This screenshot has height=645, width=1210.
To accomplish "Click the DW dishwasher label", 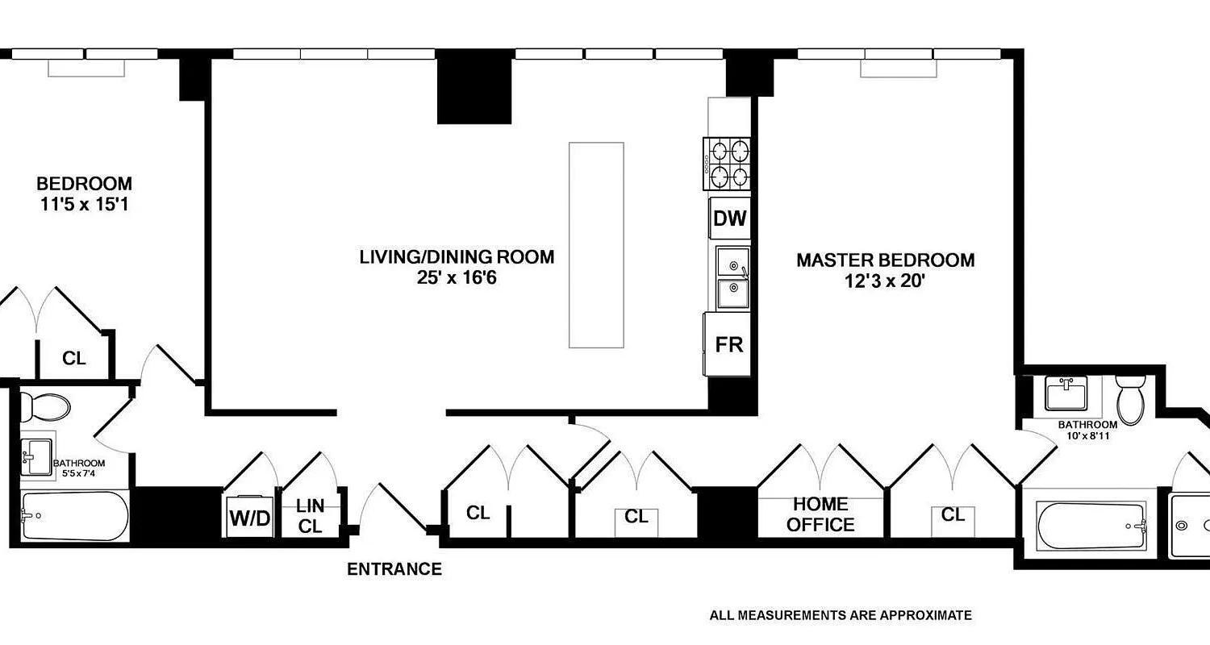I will (x=729, y=218).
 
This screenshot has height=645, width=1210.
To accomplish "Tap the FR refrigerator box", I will (x=728, y=344).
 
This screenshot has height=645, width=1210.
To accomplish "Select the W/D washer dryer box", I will (x=250, y=517).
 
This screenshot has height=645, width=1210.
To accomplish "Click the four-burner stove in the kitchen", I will (x=728, y=164).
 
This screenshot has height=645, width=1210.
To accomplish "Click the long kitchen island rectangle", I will (x=596, y=244).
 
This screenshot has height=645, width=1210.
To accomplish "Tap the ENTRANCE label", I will (x=394, y=569).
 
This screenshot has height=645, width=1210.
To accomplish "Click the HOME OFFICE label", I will (x=820, y=514).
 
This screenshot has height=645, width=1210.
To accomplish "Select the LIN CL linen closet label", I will (x=310, y=516).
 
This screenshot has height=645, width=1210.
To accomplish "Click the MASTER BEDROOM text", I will (x=885, y=260).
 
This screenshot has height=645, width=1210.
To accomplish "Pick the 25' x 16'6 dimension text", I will (x=457, y=278).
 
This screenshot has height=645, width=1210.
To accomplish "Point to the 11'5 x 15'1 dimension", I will (x=85, y=205).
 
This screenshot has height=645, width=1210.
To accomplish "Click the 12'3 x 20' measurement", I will (x=885, y=281).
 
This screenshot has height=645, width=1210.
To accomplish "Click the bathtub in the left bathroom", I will (x=74, y=516).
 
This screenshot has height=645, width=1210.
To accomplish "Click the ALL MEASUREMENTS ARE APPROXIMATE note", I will (x=841, y=615).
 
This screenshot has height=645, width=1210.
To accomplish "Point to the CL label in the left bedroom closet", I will (x=74, y=358).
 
